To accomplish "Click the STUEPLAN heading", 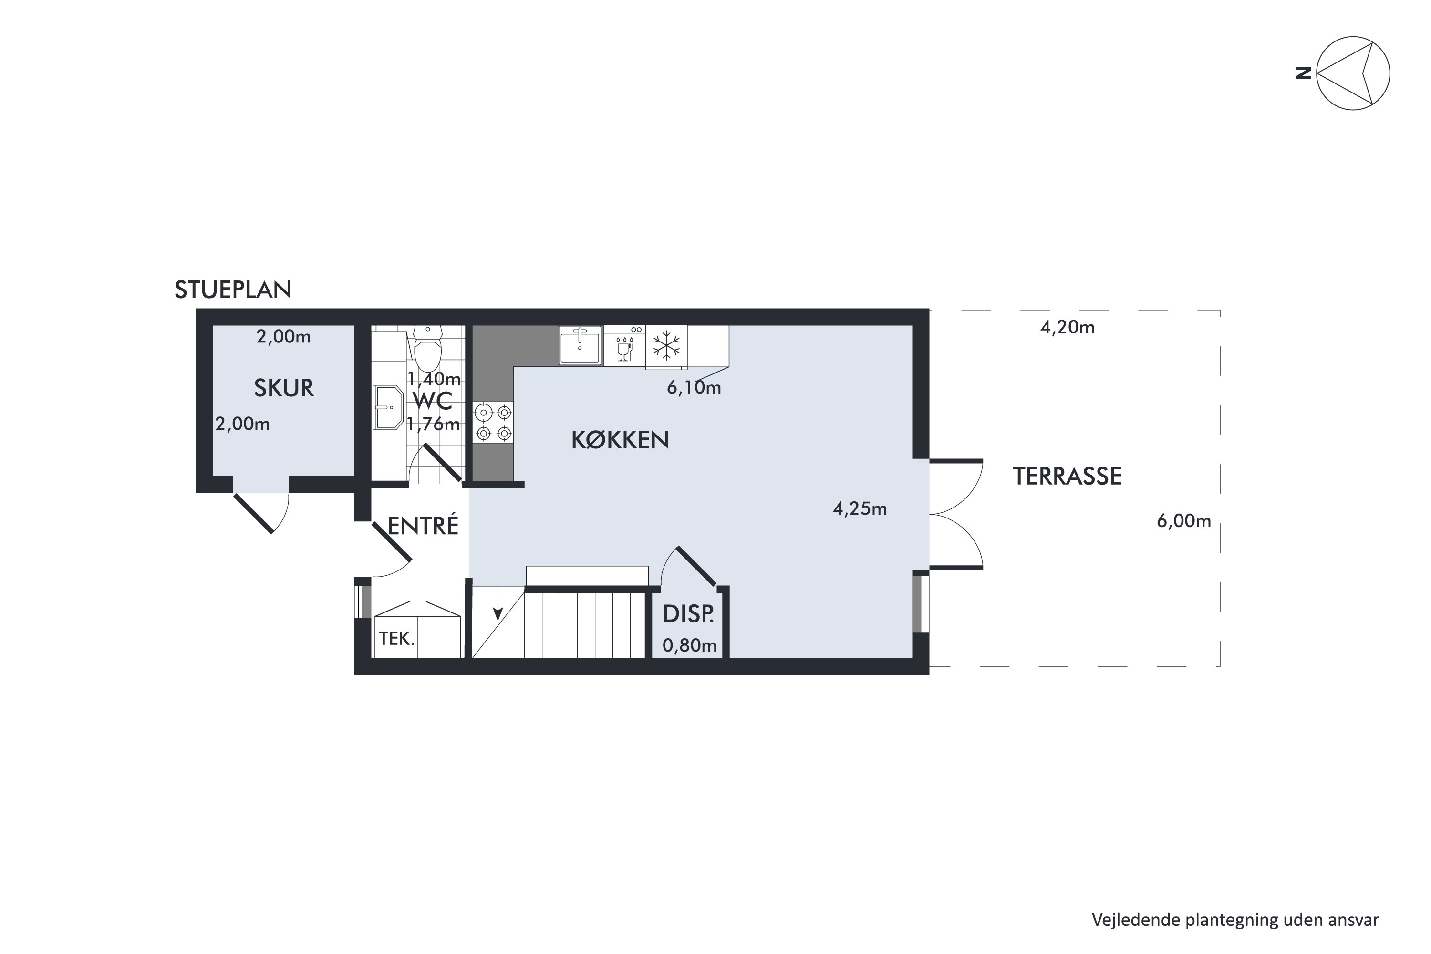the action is [x=233, y=290].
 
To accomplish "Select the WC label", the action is [x=433, y=402].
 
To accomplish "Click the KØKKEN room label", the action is [x=620, y=440].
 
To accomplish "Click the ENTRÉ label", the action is [x=423, y=526].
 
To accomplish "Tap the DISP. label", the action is [x=688, y=614].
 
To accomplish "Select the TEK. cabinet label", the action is [x=397, y=638].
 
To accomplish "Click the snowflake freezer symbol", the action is [x=666, y=345].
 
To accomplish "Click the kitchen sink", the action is [x=580, y=345].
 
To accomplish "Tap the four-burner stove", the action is [x=493, y=422].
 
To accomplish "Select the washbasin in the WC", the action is [x=387, y=407].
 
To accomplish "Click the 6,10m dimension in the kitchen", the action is [x=694, y=387].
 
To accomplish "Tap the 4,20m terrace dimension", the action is [x=1067, y=327].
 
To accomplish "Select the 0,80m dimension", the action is [x=689, y=645].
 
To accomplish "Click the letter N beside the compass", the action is [x=1303, y=73].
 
